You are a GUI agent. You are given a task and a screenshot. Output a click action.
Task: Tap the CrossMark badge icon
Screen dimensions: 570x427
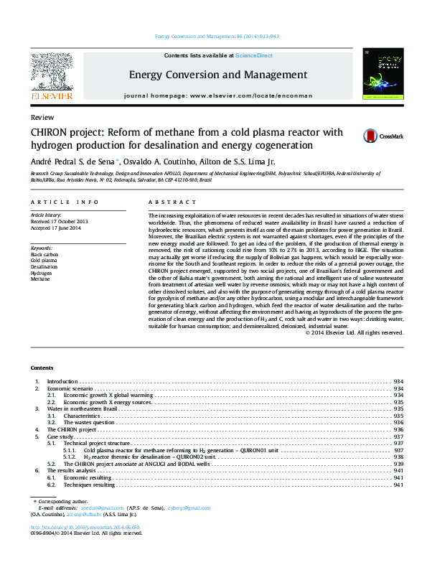point(371,136)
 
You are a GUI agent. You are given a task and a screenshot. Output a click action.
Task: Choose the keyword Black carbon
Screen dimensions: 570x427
point(44,254)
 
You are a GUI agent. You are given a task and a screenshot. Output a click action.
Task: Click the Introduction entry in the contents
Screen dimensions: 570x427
point(62,380)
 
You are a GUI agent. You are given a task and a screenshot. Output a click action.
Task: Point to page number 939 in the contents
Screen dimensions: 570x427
point(398,464)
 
